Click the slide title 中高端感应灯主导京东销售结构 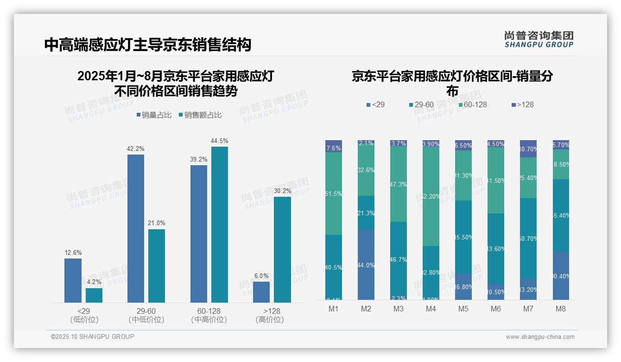click(148, 45)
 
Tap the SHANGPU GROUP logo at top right click(539, 39)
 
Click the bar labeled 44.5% click(220, 224)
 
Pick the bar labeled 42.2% click(135, 228)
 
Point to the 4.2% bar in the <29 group click(94, 295)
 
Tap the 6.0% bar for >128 click(261, 292)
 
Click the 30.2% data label click(282, 191)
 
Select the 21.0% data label click(157, 223)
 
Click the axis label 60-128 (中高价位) click(209, 315)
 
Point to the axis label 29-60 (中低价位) click(146, 315)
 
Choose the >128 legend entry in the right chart click(523, 105)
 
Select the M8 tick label click(561, 309)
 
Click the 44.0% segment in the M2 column click(366, 265)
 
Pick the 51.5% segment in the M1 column click(334, 194)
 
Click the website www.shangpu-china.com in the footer click(540, 337)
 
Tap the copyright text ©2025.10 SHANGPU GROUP click(93, 336)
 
